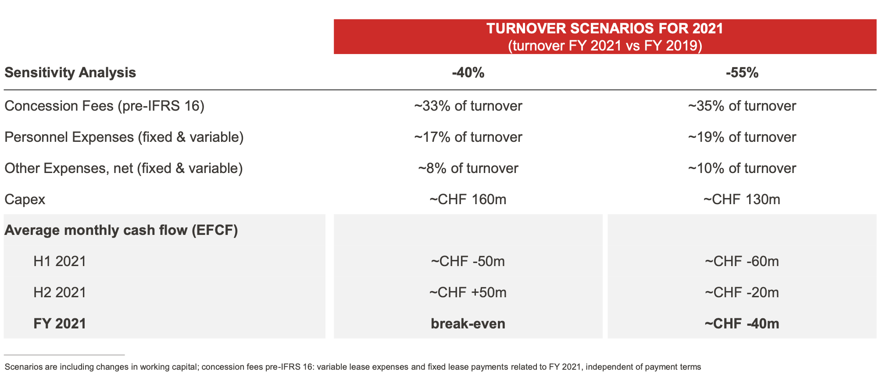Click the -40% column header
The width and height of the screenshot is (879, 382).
(x=468, y=72)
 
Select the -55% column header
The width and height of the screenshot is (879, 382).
(x=742, y=72)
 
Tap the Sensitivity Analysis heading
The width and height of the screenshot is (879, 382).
(x=70, y=72)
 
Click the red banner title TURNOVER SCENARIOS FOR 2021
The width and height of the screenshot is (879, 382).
(x=605, y=29)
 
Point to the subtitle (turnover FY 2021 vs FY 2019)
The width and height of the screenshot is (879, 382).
(x=605, y=46)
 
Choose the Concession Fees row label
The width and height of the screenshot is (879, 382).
(x=104, y=106)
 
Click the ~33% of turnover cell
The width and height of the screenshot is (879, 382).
(x=468, y=106)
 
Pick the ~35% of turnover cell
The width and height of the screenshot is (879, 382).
(x=742, y=106)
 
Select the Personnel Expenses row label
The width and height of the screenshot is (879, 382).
(x=124, y=137)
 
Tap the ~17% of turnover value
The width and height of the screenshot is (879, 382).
(x=468, y=137)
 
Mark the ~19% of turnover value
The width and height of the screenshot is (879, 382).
(x=742, y=137)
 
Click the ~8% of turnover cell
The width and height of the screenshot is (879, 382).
(x=468, y=169)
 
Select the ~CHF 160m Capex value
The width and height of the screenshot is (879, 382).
(x=468, y=200)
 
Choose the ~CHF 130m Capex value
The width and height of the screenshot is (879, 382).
(x=742, y=200)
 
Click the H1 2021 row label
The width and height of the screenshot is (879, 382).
(x=60, y=262)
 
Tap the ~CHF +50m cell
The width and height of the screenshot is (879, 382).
(x=468, y=293)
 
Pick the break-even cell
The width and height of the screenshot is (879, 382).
(x=468, y=324)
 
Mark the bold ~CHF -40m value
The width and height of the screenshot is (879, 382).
(x=742, y=324)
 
